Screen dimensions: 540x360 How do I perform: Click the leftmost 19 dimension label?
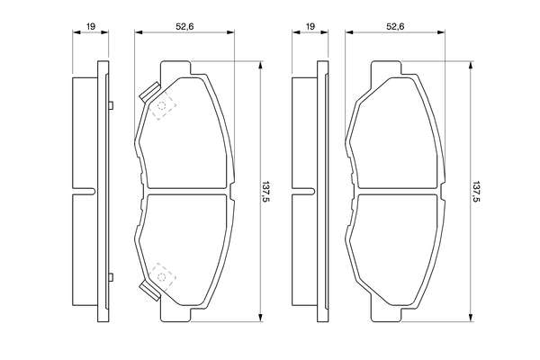point(91,26)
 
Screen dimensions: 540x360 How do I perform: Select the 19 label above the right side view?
point(310,26)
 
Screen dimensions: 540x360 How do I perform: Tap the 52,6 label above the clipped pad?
point(184,26)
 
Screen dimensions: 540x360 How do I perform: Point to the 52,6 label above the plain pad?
point(395,26)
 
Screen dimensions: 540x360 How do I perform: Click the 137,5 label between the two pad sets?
point(265,192)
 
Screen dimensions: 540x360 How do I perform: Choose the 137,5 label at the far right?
point(476,192)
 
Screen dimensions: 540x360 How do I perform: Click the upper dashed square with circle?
point(162,105)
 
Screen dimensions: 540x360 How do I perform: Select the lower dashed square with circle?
point(162,276)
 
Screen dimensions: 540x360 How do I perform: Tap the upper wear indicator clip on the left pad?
point(149,92)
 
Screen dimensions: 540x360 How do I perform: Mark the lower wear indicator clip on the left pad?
point(149,290)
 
